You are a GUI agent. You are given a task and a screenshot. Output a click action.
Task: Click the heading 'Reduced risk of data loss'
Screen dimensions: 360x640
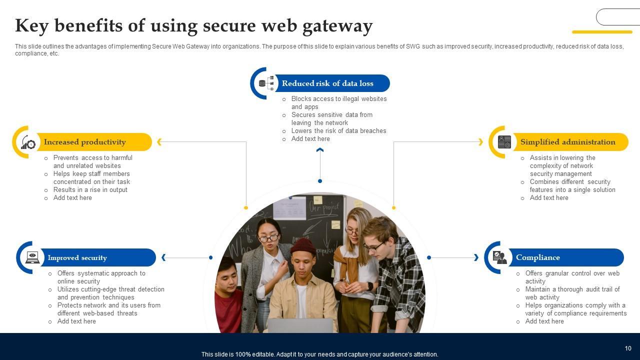pos(327,83)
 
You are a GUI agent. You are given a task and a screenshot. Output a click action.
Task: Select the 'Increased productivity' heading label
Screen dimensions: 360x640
pos(84,142)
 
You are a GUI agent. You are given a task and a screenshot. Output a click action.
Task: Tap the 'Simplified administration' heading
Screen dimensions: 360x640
pos(567,142)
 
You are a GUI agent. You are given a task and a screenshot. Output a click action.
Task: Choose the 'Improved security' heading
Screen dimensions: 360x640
pos(77,258)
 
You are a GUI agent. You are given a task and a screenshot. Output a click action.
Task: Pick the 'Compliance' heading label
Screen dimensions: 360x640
pos(537,257)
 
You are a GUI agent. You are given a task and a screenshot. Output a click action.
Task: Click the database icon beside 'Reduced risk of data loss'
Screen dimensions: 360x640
pos(266,83)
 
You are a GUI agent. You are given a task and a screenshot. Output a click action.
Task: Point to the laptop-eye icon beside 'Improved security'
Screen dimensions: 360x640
pos(32,257)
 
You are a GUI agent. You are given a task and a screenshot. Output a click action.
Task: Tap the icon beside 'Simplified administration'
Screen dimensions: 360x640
pos(504,142)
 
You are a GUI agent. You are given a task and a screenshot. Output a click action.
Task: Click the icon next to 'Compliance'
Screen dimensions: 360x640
pos(499,257)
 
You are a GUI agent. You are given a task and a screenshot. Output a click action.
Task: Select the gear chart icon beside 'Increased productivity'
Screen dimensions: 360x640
pos(28,142)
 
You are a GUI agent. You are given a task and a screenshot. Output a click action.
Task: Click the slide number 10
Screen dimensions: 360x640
pos(628,348)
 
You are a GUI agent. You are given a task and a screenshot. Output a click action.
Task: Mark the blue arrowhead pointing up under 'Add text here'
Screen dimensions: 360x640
pos(320,149)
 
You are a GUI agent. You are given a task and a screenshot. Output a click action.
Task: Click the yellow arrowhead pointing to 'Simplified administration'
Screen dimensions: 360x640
pos(480,142)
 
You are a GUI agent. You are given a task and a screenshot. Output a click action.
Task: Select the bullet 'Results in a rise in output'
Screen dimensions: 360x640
pos(90,190)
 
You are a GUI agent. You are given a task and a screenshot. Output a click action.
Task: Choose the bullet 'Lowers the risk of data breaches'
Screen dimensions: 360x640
pos(338,131)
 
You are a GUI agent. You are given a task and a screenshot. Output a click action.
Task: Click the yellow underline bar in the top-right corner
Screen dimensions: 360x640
pos(602,32)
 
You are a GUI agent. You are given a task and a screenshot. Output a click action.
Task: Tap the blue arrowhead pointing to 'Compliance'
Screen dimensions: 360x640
pos(476,257)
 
